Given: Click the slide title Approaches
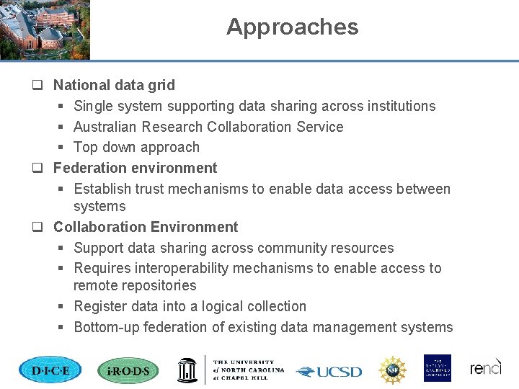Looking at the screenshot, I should tap(292, 27).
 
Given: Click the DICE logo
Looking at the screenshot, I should tap(50, 370).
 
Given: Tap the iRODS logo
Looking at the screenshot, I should tap(128, 370).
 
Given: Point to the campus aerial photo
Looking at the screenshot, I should tap(45, 30).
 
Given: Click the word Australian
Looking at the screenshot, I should tap(105, 127).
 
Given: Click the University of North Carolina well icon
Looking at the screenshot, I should tap(187, 369).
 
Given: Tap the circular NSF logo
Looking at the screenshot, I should tap(393, 370).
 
